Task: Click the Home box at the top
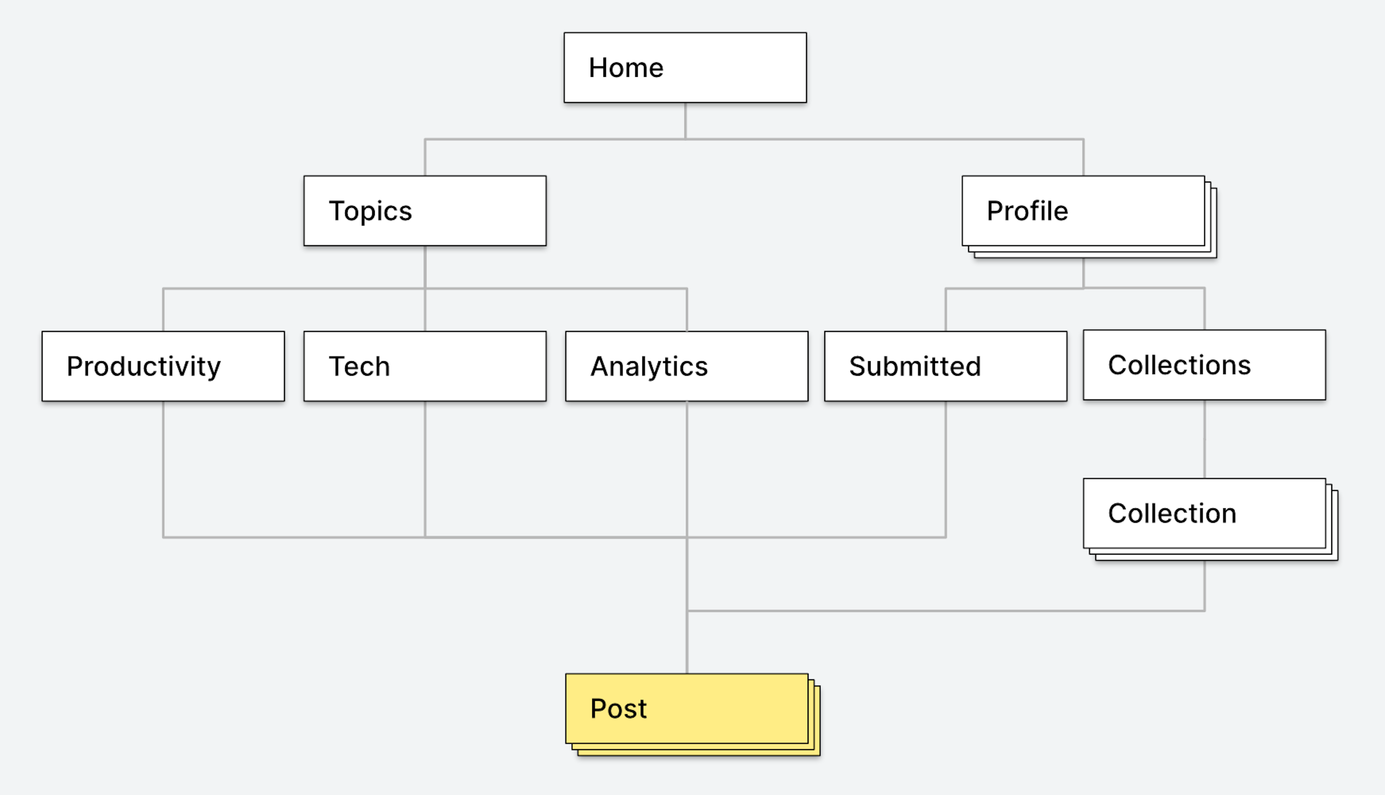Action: coord(685,68)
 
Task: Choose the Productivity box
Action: coord(163,366)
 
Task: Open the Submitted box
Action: coord(946,366)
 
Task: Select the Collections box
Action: coord(1204,365)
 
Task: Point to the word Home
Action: coord(626,68)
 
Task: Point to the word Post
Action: coord(618,709)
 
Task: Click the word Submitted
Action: coord(915,366)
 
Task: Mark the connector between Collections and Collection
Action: coord(1204,439)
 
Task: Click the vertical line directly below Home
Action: coord(685,121)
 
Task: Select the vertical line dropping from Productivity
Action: coord(163,469)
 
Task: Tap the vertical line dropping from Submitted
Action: coord(946,469)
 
